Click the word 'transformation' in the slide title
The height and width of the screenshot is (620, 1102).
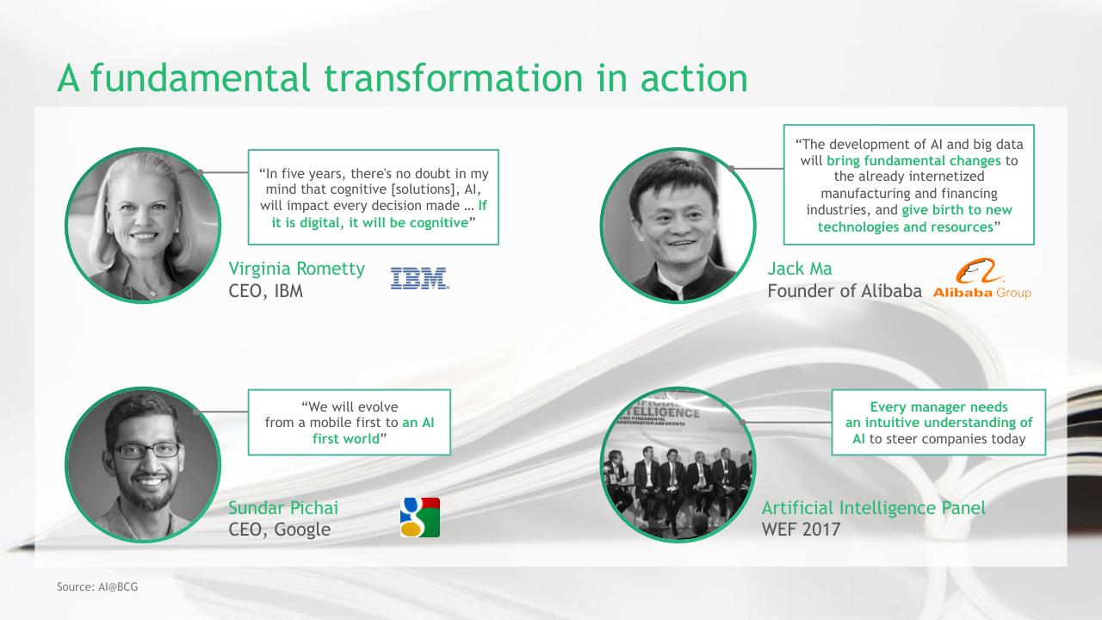[453, 77]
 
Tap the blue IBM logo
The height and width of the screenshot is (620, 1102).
[420, 278]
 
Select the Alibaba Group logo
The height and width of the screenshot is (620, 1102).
[982, 278]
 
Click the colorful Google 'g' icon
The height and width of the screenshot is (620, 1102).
[420, 518]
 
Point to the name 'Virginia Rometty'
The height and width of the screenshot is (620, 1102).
[297, 269]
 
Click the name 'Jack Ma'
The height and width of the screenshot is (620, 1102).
[800, 269]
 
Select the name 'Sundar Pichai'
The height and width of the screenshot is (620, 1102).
[283, 508]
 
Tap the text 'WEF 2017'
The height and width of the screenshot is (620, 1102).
[801, 530]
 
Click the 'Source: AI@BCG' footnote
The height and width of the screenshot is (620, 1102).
[97, 586]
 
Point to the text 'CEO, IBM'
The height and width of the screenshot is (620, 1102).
[266, 291]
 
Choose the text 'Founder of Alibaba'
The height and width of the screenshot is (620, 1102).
[845, 291]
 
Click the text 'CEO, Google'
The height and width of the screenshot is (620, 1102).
[280, 530]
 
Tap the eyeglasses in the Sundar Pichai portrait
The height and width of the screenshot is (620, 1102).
[147, 450]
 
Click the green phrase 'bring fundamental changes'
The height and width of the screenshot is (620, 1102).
[913, 160]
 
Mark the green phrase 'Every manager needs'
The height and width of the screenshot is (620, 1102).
[938, 407]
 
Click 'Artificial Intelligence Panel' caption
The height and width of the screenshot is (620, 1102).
[873, 508]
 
